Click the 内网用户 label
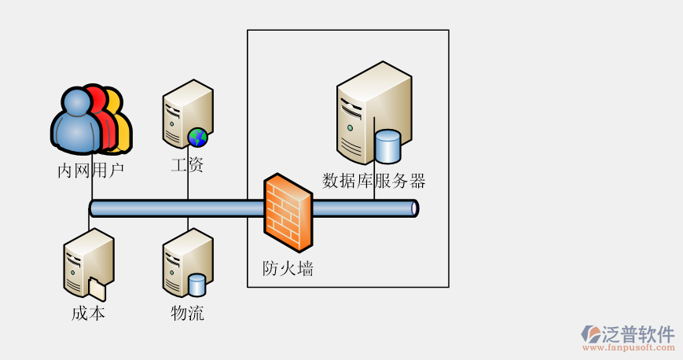pos(91,169)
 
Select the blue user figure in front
pos(78,122)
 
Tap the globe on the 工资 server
pos(197,138)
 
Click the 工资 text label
pos(187,165)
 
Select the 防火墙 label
pos(288,269)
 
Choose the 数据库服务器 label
pos(374,181)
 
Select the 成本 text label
pos(88,314)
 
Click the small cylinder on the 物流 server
pos(196,285)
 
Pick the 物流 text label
pos(187,314)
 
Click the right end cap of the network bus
pos(414,208)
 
